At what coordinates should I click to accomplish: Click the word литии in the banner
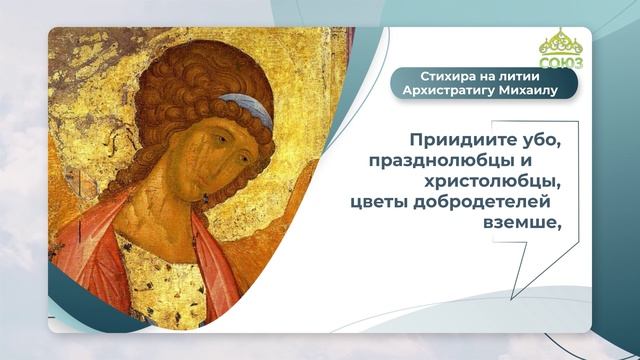coord(509,76)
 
